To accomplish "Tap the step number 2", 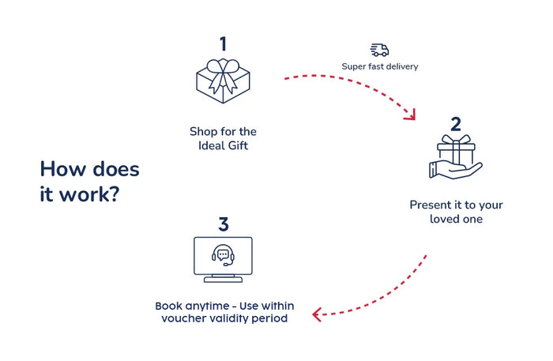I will (x=455, y=123).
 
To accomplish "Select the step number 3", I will (x=224, y=224).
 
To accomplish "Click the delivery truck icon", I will (x=379, y=50).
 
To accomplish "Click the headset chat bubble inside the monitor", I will (x=223, y=254).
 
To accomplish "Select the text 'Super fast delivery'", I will (x=379, y=66).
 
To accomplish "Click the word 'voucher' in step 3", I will (x=182, y=318).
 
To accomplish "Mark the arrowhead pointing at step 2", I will (x=409, y=115).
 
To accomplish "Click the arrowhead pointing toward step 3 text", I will (x=318, y=314).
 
